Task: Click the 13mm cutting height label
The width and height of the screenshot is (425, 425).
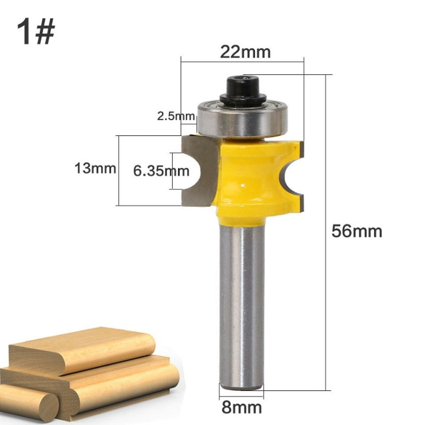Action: [x=95, y=168]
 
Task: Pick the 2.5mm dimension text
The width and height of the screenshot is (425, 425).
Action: [x=176, y=117]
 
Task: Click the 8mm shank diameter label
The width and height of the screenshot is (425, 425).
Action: [x=242, y=407]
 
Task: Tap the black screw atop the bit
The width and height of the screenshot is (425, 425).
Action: [x=243, y=90]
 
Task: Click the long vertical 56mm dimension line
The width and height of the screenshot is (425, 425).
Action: [x=327, y=232]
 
